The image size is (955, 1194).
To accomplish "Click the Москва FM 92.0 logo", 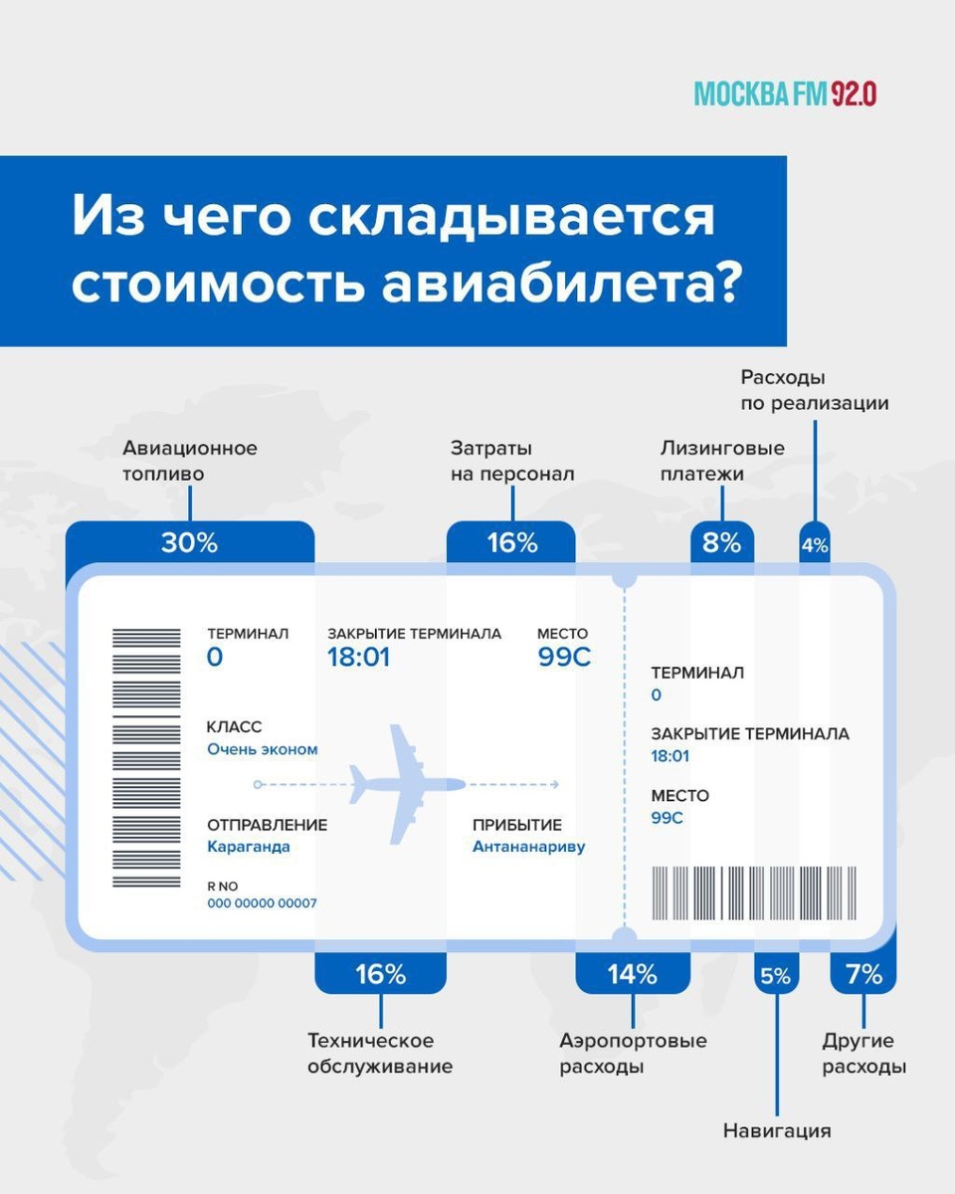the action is (784, 94).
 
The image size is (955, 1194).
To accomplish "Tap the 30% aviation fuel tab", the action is (189, 543).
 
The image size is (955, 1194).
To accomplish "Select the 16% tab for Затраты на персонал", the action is (511, 543).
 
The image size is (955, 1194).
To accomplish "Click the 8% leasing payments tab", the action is (722, 543).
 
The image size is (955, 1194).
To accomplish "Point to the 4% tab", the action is (815, 544).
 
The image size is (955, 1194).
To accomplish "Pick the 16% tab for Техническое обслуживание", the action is (380, 974).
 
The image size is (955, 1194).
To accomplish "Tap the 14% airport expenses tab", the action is (633, 974).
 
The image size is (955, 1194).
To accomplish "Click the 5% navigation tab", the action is (775, 976).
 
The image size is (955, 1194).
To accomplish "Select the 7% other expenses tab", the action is (863, 974).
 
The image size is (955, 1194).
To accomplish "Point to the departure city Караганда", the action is (249, 847).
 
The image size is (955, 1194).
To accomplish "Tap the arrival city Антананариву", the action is (529, 847).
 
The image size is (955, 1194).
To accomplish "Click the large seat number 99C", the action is (564, 658).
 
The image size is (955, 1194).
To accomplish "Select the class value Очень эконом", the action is (263, 749).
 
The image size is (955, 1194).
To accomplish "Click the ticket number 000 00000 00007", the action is (262, 903).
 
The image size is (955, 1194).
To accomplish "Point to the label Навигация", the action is (776, 1131).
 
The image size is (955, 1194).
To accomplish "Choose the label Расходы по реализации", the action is (814, 391).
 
